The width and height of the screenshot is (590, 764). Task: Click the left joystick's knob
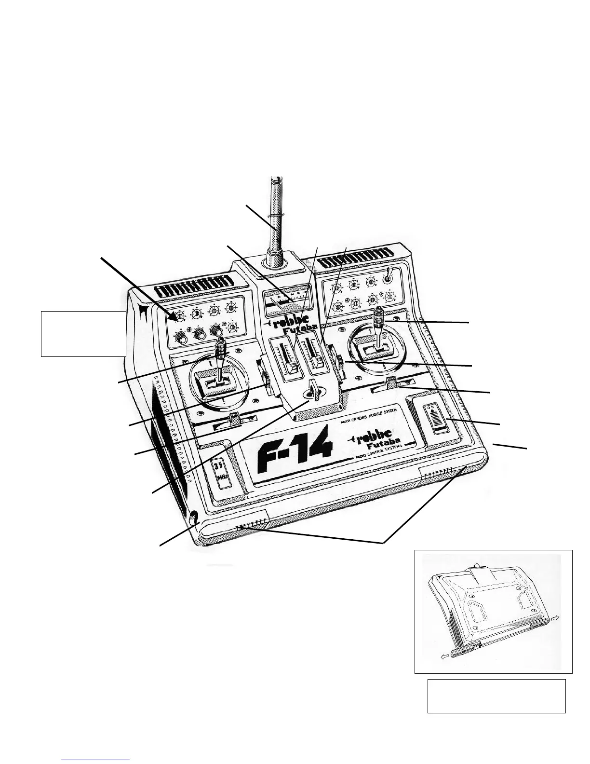221,345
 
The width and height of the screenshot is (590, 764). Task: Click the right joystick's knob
379,316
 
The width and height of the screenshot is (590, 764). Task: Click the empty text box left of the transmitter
83,333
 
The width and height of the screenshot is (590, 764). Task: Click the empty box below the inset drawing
496,696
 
